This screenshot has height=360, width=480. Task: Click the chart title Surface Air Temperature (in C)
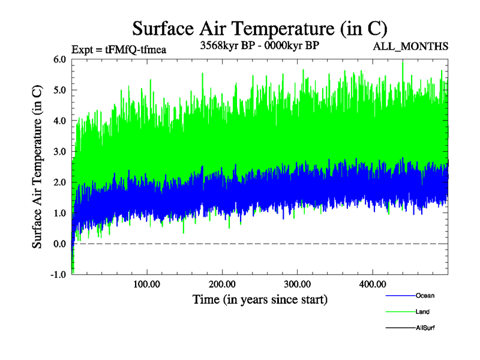click(x=259, y=28)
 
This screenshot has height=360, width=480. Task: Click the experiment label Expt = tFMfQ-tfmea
click(x=118, y=49)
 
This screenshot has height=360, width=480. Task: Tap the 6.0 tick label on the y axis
click(x=59, y=59)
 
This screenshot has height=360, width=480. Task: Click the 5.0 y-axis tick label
click(x=59, y=90)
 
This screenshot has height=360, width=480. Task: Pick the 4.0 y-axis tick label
click(x=59, y=121)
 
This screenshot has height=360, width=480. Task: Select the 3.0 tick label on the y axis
click(x=59, y=152)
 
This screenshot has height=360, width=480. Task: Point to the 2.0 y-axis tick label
click(x=59, y=182)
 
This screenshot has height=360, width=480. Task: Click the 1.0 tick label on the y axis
click(x=59, y=213)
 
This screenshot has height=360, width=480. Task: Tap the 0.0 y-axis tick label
click(x=59, y=244)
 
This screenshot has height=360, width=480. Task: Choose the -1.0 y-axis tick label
click(x=58, y=275)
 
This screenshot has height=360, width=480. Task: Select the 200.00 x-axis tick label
click(x=222, y=284)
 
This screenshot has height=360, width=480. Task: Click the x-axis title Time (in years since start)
click(x=260, y=299)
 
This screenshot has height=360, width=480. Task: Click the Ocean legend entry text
click(x=425, y=296)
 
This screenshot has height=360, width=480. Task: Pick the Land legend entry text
click(x=422, y=312)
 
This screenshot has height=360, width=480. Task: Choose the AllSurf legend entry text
click(x=425, y=328)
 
